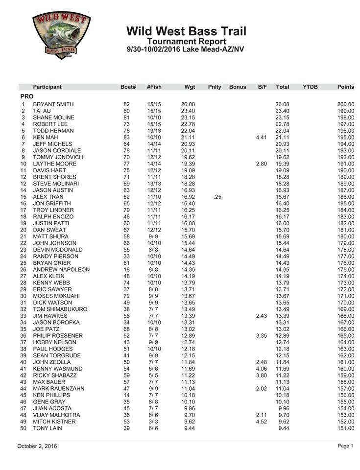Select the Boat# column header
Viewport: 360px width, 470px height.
pyautogui.click(x=128, y=87)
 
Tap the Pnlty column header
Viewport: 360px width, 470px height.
pyautogui.click(x=215, y=87)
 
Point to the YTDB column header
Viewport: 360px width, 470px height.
pyautogui.click(x=310, y=87)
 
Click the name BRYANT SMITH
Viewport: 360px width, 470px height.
pyautogui.click(x=53, y=105)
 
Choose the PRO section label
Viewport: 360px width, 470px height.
pyautogui.click(x=27, y=96)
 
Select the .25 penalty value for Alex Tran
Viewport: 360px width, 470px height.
pyautogui.click(x=217, y=197)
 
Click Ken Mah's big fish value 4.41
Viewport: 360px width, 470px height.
pyautogui.click(x=262, y=138)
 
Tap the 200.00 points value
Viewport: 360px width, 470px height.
pyautogui.click(x=345, y=105)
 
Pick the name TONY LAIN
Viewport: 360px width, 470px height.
pyautogui.click(x=48, y=428)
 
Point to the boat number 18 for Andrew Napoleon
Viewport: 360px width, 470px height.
pyautogui.click(x=127, y=270)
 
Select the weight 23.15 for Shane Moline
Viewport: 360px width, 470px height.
pyautogui.click(x=188, y=118)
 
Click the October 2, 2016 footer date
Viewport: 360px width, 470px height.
pyautogui.click(x=37, y=446)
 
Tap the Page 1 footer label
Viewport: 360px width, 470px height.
pyautogui.click(x=345, y=446)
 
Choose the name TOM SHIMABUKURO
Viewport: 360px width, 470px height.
pyautogui.click(x=60, y=309)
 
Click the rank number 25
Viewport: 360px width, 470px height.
pyautogui.click(x=23, y=263)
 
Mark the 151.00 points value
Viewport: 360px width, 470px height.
pyautogui.click(x=345, y=428)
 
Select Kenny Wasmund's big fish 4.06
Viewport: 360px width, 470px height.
pyautogui.click(x=262, y=369)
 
